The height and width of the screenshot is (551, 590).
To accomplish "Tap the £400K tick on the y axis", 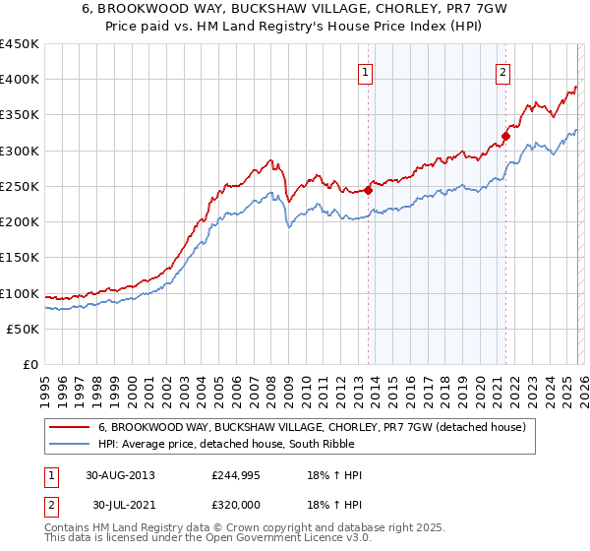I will coord(19,80).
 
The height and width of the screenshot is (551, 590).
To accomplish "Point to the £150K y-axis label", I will coord(19,258).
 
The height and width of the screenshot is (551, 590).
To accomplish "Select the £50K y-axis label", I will coord(23,329).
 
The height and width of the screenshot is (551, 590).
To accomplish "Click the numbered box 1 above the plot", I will coord(366,72).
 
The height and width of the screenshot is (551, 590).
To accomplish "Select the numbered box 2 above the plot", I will coord(502,72).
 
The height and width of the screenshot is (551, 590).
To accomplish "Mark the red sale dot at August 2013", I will coord(369,190).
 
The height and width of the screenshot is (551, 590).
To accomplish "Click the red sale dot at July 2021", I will coord(506,136).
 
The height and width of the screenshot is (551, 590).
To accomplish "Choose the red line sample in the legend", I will coord(71,427).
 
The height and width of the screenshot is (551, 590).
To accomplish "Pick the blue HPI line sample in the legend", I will coord(71,444).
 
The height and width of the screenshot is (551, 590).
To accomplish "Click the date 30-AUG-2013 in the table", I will coord(120,475).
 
